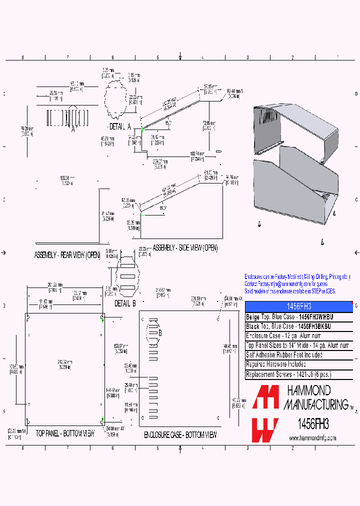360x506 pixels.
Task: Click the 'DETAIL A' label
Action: coord(120,126)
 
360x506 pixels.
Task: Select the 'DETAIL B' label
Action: coord(125,303)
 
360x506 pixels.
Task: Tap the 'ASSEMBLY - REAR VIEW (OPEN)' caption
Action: coord(67,255)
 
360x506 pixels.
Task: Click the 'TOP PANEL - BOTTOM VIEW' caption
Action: coord(65,433)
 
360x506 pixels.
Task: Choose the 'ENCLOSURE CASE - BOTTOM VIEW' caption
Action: coord(180,435)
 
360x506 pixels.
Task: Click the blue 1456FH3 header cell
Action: coord(298,306)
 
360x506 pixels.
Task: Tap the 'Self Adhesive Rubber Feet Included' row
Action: coord(284,355)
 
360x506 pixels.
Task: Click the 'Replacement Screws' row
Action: coord(288,374)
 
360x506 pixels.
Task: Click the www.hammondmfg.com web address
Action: coord(312,438)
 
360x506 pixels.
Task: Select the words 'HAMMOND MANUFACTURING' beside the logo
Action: coord(315,397)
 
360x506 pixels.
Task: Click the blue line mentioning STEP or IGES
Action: coord(290,291)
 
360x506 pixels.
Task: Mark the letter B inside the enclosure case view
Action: coord(160,333)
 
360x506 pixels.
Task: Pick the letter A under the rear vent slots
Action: coord(72,129)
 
